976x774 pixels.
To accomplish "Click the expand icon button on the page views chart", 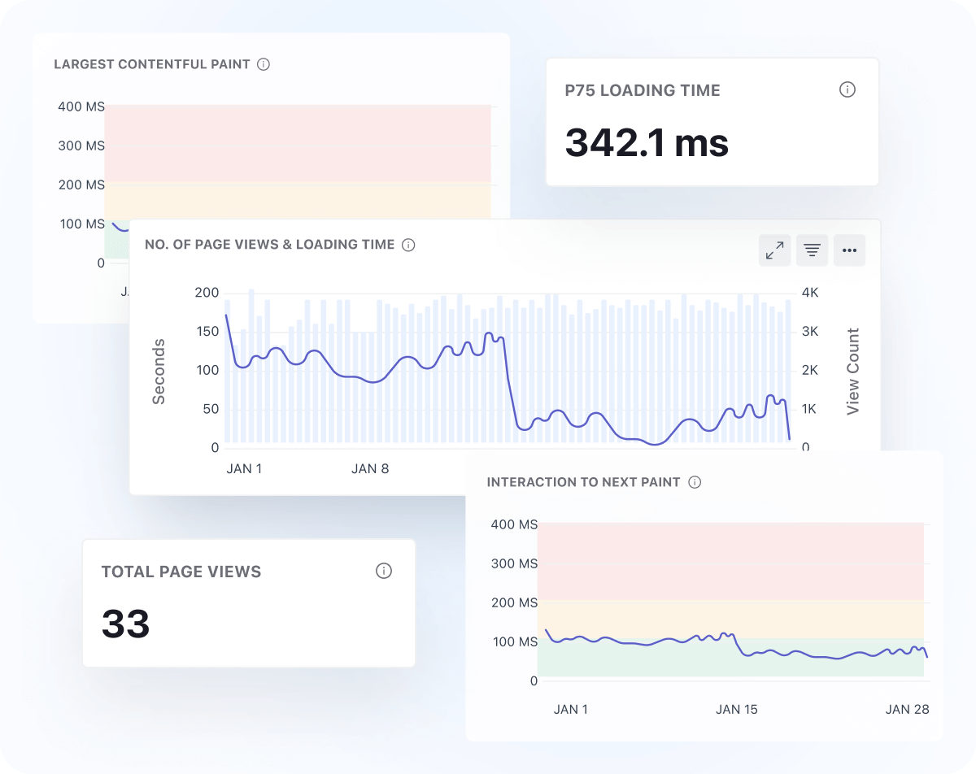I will click(x=775, y=250).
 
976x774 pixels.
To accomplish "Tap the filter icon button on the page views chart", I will click(x=812, y=250).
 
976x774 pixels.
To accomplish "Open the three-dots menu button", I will click(x=849, y=250).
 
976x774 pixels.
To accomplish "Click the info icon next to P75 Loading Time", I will click(x=847, y=89).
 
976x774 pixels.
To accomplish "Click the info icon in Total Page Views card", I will click(x=384, y=571).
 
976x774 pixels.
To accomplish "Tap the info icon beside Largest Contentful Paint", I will click(x=264, y=64).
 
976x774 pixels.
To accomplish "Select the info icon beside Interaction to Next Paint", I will click(x=695, y=482).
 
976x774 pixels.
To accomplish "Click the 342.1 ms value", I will click(x=647, y=143).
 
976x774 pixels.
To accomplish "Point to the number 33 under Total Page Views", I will click(x=126, y=624).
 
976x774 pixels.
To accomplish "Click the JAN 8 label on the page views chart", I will click(x=370, y=469).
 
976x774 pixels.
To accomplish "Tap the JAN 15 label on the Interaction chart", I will click(x=736, y=709).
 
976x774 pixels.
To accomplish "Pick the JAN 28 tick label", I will click(x=907, y=709).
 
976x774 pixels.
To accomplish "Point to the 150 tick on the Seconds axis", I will click(x=207, y=331).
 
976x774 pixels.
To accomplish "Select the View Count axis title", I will click(x=852, y=372).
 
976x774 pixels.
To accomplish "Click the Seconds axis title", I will click(x=159, y=372).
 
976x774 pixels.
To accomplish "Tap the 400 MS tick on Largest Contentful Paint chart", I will click(x=81, y=107).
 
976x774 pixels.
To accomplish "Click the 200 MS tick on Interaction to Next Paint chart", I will click(x=514, y=602).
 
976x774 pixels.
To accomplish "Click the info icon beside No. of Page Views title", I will click(x=408, y=245).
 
